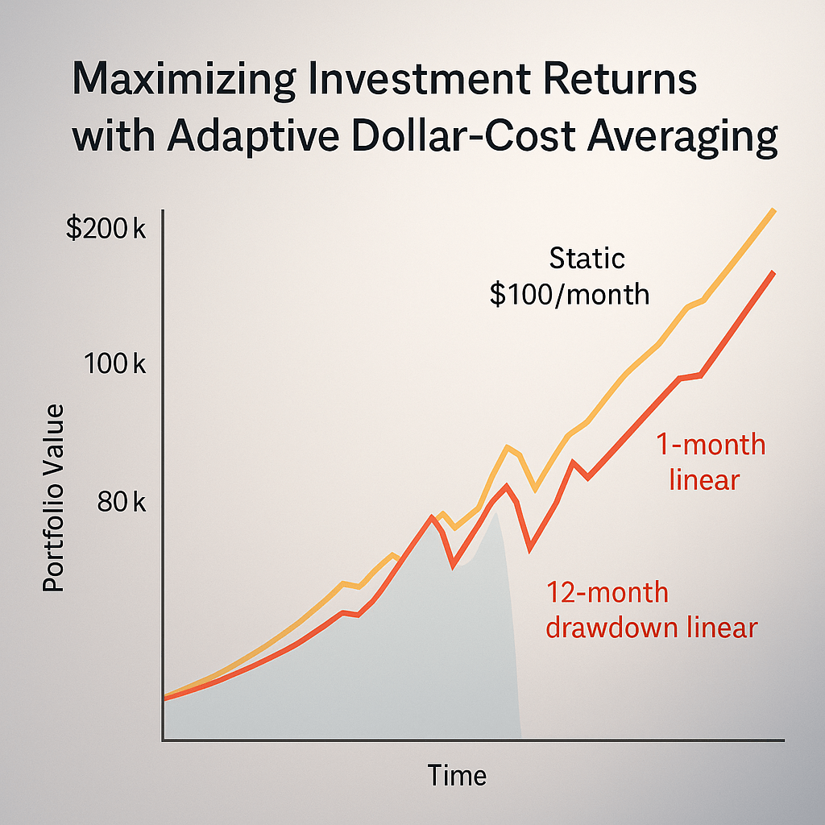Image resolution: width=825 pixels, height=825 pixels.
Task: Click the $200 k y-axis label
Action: click(x=106, y=230)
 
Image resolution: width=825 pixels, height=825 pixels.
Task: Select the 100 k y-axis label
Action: click(x=114, y=364)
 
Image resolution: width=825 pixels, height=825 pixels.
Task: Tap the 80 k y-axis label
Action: click(x=121, y=503)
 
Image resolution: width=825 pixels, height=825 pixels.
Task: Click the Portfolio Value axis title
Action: click(x=54, y=499)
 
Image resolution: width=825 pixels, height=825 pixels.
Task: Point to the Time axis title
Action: click(x=457, y=775)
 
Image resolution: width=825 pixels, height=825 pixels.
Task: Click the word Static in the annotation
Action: click(x=587, y=259)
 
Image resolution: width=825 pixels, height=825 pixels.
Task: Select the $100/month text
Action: click(x=570, y=294)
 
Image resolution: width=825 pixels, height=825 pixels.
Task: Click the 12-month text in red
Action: click(x=607, y=593)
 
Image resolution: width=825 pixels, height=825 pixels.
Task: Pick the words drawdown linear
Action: click(x=651, y=628)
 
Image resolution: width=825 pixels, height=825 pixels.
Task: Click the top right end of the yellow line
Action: click(x=774, y=210)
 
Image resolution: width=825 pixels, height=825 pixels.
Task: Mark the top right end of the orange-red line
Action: click(x=774, y=272)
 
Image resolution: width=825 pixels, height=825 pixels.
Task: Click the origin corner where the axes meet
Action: click(x=164, y=739)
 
